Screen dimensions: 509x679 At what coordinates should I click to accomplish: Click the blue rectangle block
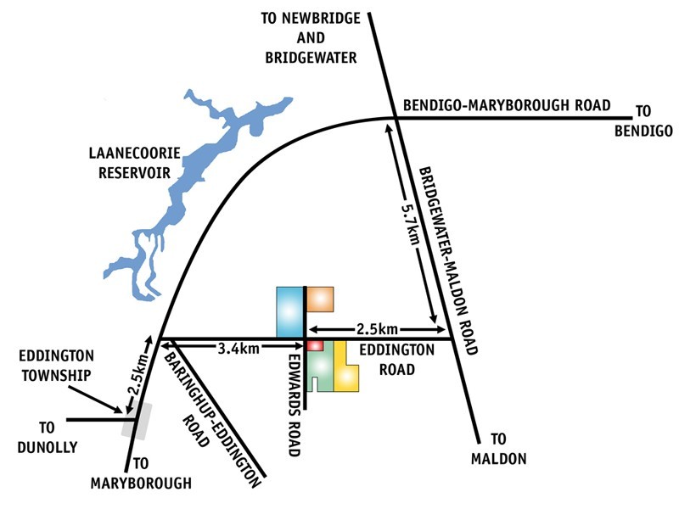click(289, 311)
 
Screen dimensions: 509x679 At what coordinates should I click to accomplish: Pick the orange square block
click(320, 299)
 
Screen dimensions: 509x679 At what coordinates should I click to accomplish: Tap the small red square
click(315, 346)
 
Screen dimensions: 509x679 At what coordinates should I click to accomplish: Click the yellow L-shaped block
click(345, 367)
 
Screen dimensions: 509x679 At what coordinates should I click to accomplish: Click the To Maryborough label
click(141, 473)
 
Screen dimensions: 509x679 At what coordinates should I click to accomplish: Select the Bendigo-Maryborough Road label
click(507, 105)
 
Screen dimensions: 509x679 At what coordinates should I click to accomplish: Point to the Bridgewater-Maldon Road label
click(448, 260)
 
